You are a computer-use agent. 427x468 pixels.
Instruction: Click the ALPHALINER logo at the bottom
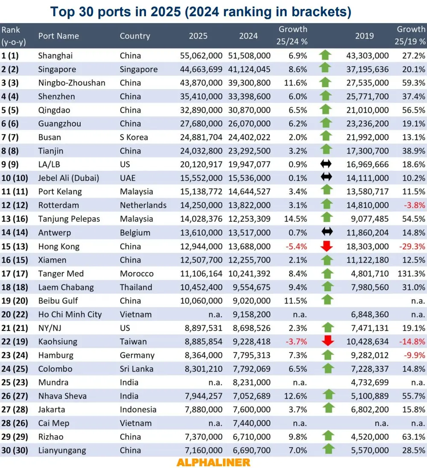coord(213,462)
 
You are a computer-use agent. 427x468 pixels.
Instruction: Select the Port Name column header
coord(58,36)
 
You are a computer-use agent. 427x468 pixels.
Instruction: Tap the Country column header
coord(135,36)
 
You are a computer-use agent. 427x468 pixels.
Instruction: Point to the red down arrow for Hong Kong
coord(327,246)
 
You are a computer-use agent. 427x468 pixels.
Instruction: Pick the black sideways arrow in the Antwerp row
coord(327,233)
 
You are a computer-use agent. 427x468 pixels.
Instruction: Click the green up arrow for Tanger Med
coord(327,274)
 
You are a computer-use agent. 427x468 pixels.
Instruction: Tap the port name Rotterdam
coord(58,205)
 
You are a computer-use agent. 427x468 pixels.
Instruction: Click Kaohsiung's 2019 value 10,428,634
coord(367,342)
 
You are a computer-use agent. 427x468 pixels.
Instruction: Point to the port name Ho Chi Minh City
coord(70,315)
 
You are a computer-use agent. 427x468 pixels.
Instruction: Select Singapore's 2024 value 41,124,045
coord(249,69)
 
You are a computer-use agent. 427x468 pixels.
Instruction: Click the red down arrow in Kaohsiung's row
coord(327,342)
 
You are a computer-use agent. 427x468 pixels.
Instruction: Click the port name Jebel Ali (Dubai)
coord(68,178)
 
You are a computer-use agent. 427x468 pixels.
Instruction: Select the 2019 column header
coord(364,36)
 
